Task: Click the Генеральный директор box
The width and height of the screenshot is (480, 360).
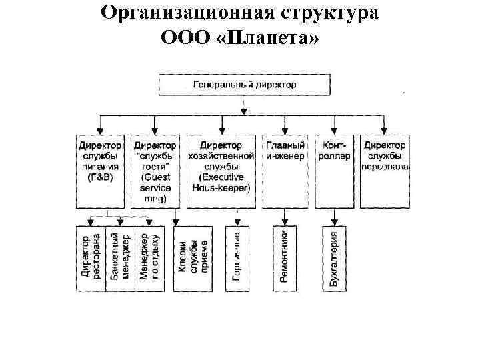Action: click(x=244, y=85)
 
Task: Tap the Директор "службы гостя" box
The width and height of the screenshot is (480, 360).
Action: click(x=155, y=169)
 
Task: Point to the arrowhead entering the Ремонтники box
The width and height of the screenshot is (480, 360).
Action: click(x=285, y=223)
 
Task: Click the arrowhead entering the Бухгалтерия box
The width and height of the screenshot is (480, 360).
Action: click(x=335, y=223)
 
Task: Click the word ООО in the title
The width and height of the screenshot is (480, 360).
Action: click(x=193, y=37)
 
